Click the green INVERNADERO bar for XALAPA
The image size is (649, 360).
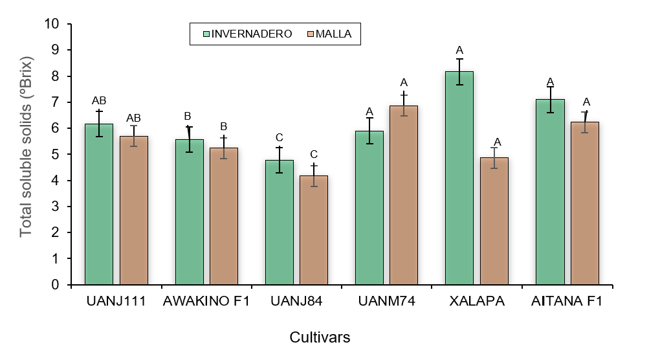[459, 178]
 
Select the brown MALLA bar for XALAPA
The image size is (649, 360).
[494, 221]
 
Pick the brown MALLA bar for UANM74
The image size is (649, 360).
[403, 195]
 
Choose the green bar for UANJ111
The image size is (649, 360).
[99, 204]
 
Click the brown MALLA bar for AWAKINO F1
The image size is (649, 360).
[223, 216]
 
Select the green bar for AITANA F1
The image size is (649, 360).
[550, 192]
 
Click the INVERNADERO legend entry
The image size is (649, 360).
[247, 34]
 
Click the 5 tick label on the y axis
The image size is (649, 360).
[54, 155]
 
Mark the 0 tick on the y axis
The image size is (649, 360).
[54, 285]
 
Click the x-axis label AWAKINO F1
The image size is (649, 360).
[206, 302]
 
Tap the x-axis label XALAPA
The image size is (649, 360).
[477, 302]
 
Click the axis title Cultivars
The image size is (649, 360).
[320, 337]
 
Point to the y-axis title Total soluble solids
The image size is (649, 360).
[26, 147]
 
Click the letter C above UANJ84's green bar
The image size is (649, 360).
[279, 137]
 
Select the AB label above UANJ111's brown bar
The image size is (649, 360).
[133, 118]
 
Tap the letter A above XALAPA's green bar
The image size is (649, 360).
[459, 50]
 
